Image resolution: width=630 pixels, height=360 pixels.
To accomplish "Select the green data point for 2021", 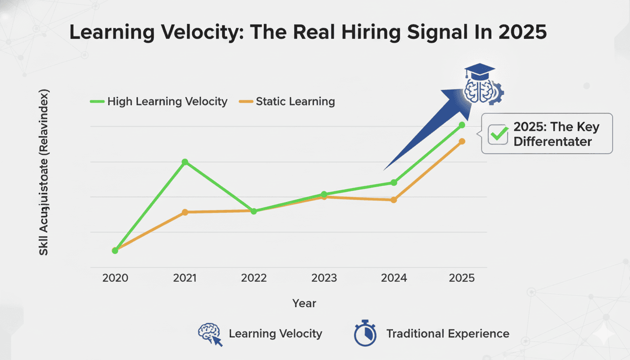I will (185, 162).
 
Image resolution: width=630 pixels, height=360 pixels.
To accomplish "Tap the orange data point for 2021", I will (185, 212).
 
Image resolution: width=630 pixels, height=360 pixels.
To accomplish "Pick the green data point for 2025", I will (462, 125).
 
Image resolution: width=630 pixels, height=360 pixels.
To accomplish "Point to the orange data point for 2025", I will (462, 142).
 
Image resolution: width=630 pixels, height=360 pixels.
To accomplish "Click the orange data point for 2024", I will (394, 200).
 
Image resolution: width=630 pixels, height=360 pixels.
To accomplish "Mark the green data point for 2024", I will (394, 182).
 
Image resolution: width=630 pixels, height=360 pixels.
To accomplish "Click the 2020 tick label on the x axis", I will (115, 278).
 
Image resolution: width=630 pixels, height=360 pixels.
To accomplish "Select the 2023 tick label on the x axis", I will (324, 278).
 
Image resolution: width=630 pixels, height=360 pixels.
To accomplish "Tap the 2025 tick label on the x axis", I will (462, 278).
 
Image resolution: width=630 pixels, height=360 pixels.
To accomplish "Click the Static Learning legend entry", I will (287, 101).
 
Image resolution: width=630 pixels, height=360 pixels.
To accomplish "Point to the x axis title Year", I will (304, 303).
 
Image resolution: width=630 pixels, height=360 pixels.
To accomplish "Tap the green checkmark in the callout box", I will (498, 134).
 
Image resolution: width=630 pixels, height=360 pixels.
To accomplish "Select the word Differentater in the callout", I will (553, 142).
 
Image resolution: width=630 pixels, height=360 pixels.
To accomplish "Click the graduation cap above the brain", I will (480, 72).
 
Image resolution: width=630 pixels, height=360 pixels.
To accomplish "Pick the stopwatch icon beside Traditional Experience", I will (365, 333).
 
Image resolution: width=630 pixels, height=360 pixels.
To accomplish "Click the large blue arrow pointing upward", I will (431, 127).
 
